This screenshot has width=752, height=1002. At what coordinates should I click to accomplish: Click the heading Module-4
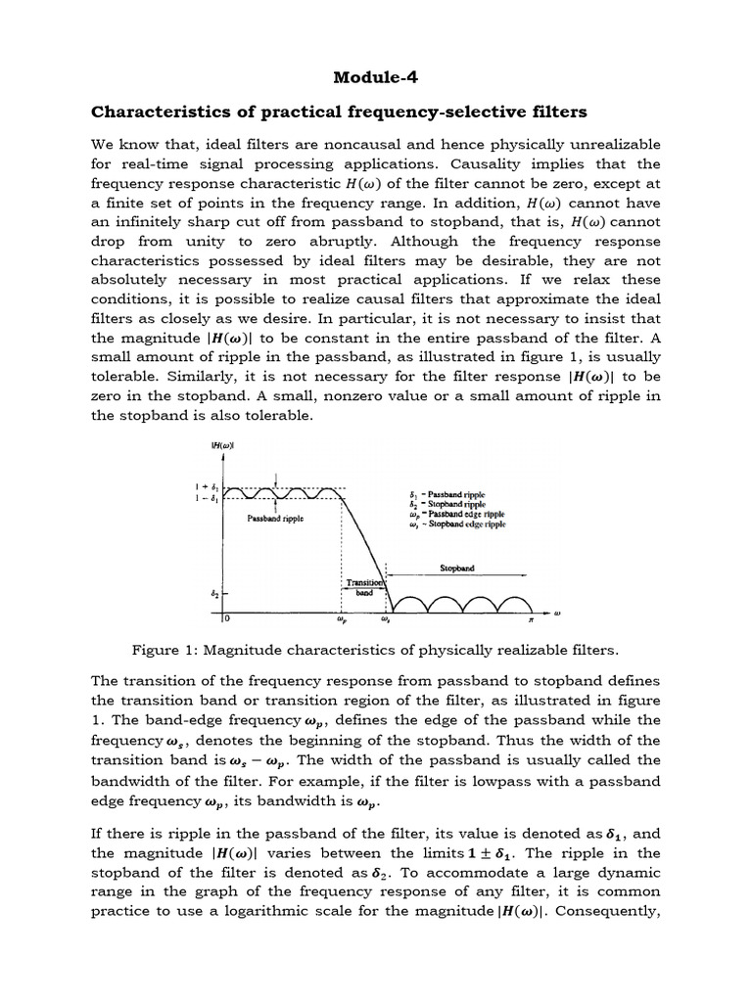[375, 77]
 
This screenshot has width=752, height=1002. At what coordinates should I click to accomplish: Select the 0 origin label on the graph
[226, 618]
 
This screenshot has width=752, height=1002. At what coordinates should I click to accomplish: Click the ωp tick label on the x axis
[340, 618]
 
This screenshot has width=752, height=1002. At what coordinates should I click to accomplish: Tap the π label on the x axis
[531, 618]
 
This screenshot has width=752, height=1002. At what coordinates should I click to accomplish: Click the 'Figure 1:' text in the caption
[163, 649]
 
